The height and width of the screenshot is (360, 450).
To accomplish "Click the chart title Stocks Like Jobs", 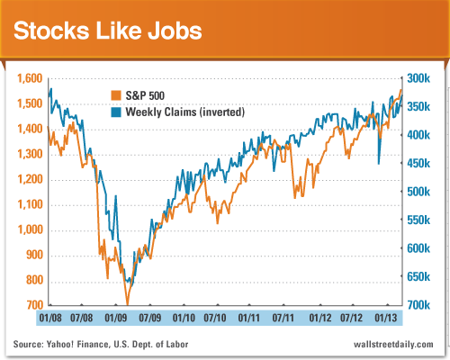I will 106,31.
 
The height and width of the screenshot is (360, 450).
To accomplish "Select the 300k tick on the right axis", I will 423,79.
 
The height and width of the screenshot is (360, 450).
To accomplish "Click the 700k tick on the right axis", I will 423,306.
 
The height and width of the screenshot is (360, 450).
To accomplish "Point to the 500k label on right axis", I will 423,193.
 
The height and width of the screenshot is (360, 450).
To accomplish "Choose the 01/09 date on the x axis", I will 116,318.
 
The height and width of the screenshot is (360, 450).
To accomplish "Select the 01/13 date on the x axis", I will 385,318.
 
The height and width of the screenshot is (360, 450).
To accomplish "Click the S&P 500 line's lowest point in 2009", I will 127,304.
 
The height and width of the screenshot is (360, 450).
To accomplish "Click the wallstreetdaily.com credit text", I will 392,346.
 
